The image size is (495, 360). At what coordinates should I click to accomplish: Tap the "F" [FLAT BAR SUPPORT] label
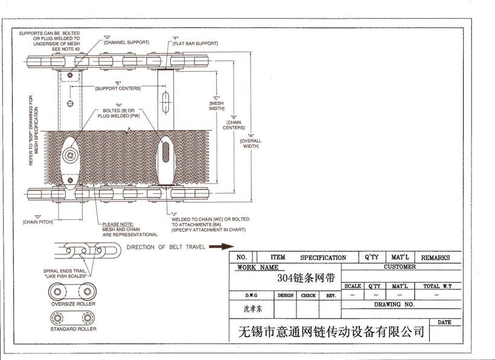click(194, 41)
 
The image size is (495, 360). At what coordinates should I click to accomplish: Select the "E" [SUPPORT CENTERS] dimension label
click(118, 86)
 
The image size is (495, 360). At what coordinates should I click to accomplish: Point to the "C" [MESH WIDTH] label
click(216, 103)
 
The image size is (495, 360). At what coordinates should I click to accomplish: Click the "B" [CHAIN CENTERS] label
click(234, 122)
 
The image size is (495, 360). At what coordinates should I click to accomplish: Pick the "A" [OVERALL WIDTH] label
click(250, 141)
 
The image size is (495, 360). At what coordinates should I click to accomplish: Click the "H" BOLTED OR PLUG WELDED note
click(118, 111)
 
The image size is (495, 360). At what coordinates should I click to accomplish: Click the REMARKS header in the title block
click(435, 258)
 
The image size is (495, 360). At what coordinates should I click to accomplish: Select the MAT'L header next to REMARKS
click(400, 257)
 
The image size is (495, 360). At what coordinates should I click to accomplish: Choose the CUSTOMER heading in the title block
click(400, 267)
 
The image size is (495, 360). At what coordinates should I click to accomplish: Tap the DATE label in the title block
click(444, 323)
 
